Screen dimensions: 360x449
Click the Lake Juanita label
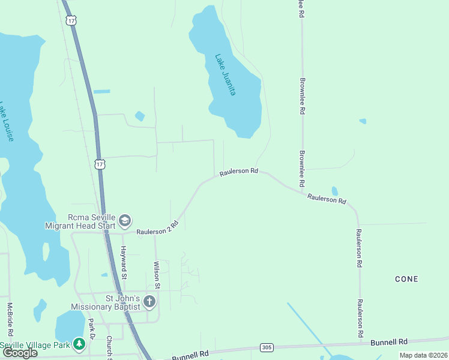coord(226,75)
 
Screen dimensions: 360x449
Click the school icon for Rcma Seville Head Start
coord(125,221)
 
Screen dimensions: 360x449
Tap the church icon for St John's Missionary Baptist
coord(149,301)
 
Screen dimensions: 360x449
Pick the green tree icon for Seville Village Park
coord(79,344)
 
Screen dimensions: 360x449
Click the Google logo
coord(20,352)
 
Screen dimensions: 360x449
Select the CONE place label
coord(406,279)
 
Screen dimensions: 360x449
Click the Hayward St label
coord(124,263)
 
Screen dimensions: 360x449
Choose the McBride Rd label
coord(10,319)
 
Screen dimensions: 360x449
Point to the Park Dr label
coord(92,329)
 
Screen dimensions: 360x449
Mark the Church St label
coord(110,347)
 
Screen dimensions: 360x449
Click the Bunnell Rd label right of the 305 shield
coord(388,341)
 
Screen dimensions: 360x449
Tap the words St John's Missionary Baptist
coord(106,302)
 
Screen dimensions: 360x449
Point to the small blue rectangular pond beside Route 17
coord(102,91)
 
